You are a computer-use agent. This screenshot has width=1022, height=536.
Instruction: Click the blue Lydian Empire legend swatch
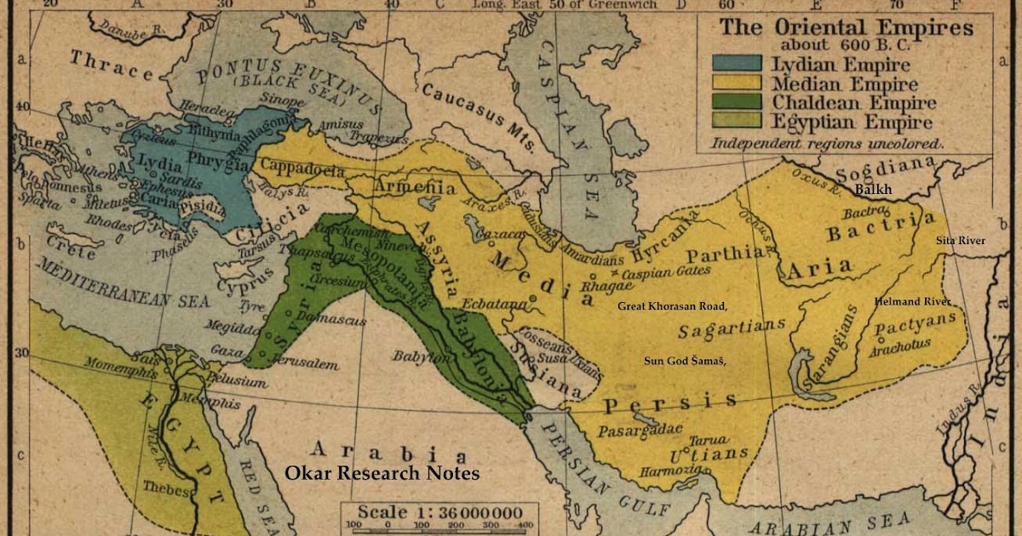coord(738,63)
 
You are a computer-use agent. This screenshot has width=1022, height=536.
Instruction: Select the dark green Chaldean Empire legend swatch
coord(738,104)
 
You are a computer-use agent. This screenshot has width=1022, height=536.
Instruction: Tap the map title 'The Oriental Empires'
coord(847,26)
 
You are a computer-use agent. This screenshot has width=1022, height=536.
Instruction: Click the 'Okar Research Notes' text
coord(382,474)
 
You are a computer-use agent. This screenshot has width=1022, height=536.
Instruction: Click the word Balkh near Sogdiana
coord(873,190)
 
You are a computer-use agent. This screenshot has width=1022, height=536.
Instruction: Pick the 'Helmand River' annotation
coord(912,302)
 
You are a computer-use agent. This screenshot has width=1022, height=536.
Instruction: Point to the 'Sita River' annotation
coord(961,241)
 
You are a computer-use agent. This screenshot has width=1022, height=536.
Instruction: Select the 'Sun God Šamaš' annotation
coord(685,361)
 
